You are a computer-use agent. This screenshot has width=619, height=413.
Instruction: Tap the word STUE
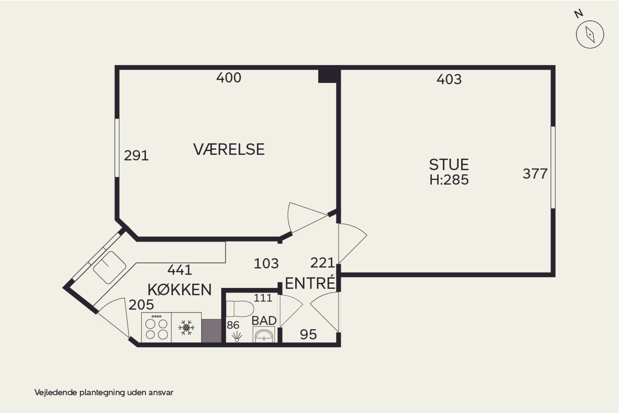449,165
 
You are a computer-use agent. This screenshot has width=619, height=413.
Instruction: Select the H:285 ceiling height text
449,180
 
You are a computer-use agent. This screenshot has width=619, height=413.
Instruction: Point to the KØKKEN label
180,290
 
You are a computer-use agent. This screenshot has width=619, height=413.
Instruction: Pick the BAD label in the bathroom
264,320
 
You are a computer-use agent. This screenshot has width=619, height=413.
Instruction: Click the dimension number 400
229,78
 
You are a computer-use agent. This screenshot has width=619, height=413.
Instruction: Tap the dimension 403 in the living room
449,79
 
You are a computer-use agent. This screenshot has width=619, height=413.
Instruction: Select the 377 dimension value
535,174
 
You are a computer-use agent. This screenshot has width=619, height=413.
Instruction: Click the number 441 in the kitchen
180,270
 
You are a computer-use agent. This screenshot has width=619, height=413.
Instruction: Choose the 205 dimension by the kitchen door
141,305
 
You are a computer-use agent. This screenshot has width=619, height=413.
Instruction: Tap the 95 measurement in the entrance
308,335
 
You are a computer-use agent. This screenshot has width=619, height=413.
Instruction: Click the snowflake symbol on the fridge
186,328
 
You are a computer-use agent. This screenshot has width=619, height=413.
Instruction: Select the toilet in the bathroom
240,309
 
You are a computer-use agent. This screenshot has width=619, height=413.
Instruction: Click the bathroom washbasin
264,335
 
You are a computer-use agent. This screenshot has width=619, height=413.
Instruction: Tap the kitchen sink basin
110,268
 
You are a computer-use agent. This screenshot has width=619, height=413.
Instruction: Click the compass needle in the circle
590,34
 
